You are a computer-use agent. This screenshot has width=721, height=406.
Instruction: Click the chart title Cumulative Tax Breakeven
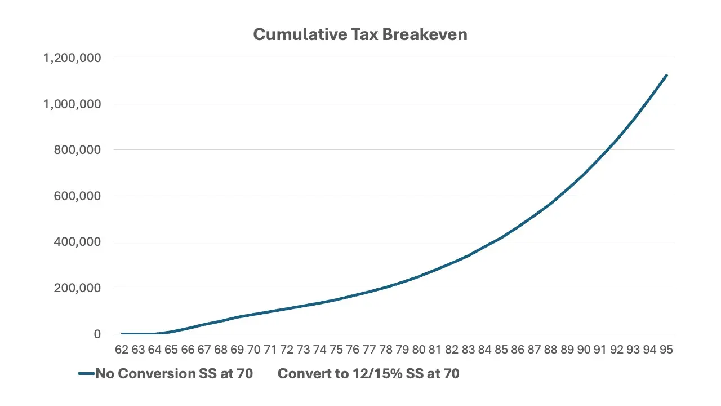point(360,34)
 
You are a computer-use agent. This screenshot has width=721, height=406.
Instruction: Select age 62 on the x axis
point(122,350)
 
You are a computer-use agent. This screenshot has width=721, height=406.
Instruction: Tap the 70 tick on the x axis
point(253,350)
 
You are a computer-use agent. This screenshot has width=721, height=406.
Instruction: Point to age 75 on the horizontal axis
point(336,350)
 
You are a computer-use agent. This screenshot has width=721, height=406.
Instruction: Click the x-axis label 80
point(419,350)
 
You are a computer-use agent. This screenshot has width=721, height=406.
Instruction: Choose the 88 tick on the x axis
point(550,350)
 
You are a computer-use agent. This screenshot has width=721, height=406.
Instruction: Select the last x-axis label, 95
point(666,350)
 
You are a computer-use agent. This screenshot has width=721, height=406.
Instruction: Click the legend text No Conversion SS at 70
point(174,374)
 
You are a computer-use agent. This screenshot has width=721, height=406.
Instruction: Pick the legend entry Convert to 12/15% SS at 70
point(368,374)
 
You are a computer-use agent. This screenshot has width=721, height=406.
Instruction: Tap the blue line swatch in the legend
point(86,374)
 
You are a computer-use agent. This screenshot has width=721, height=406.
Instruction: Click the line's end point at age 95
point(666,75)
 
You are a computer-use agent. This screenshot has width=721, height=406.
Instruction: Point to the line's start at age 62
point(122,334)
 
